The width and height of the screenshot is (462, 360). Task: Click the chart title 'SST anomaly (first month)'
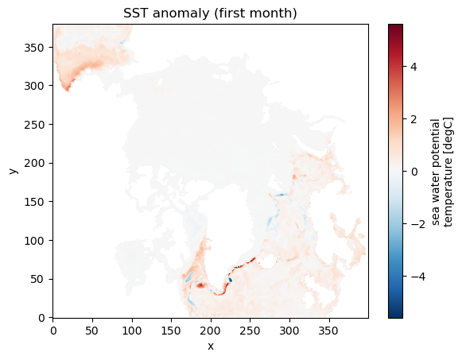(x=210, y=14)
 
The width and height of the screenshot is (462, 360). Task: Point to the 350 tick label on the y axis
(x=34, y=48)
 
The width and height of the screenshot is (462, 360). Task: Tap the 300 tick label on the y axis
(x=34, y=87)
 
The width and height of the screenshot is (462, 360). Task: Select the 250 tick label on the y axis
(x=34, y=125)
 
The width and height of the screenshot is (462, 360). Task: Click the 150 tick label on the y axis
(x=34, y=202)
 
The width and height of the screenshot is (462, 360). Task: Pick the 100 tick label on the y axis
(x=34, y=241)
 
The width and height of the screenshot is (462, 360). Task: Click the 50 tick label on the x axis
(x=92, y=331)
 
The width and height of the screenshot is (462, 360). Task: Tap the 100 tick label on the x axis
(x=132, y=331)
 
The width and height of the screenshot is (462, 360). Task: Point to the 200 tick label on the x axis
(x=211, y=331)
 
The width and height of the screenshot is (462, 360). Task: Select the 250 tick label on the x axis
(x=250, y=331)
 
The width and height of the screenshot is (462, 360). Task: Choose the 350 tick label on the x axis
(x=329, y=331)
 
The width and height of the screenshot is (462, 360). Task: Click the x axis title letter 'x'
(x=211, y=346)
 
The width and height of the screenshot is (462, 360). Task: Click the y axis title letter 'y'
(x=13, y=171)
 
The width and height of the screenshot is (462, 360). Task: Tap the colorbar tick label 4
(x=413, y=67)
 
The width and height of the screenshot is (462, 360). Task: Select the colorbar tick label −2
(x=417, y=224)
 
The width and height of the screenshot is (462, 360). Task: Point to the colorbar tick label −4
(x=417, y=277)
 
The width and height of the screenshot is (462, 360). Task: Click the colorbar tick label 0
(x=414, y=172)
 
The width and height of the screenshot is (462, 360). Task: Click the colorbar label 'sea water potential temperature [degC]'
(x=441, y=172)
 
